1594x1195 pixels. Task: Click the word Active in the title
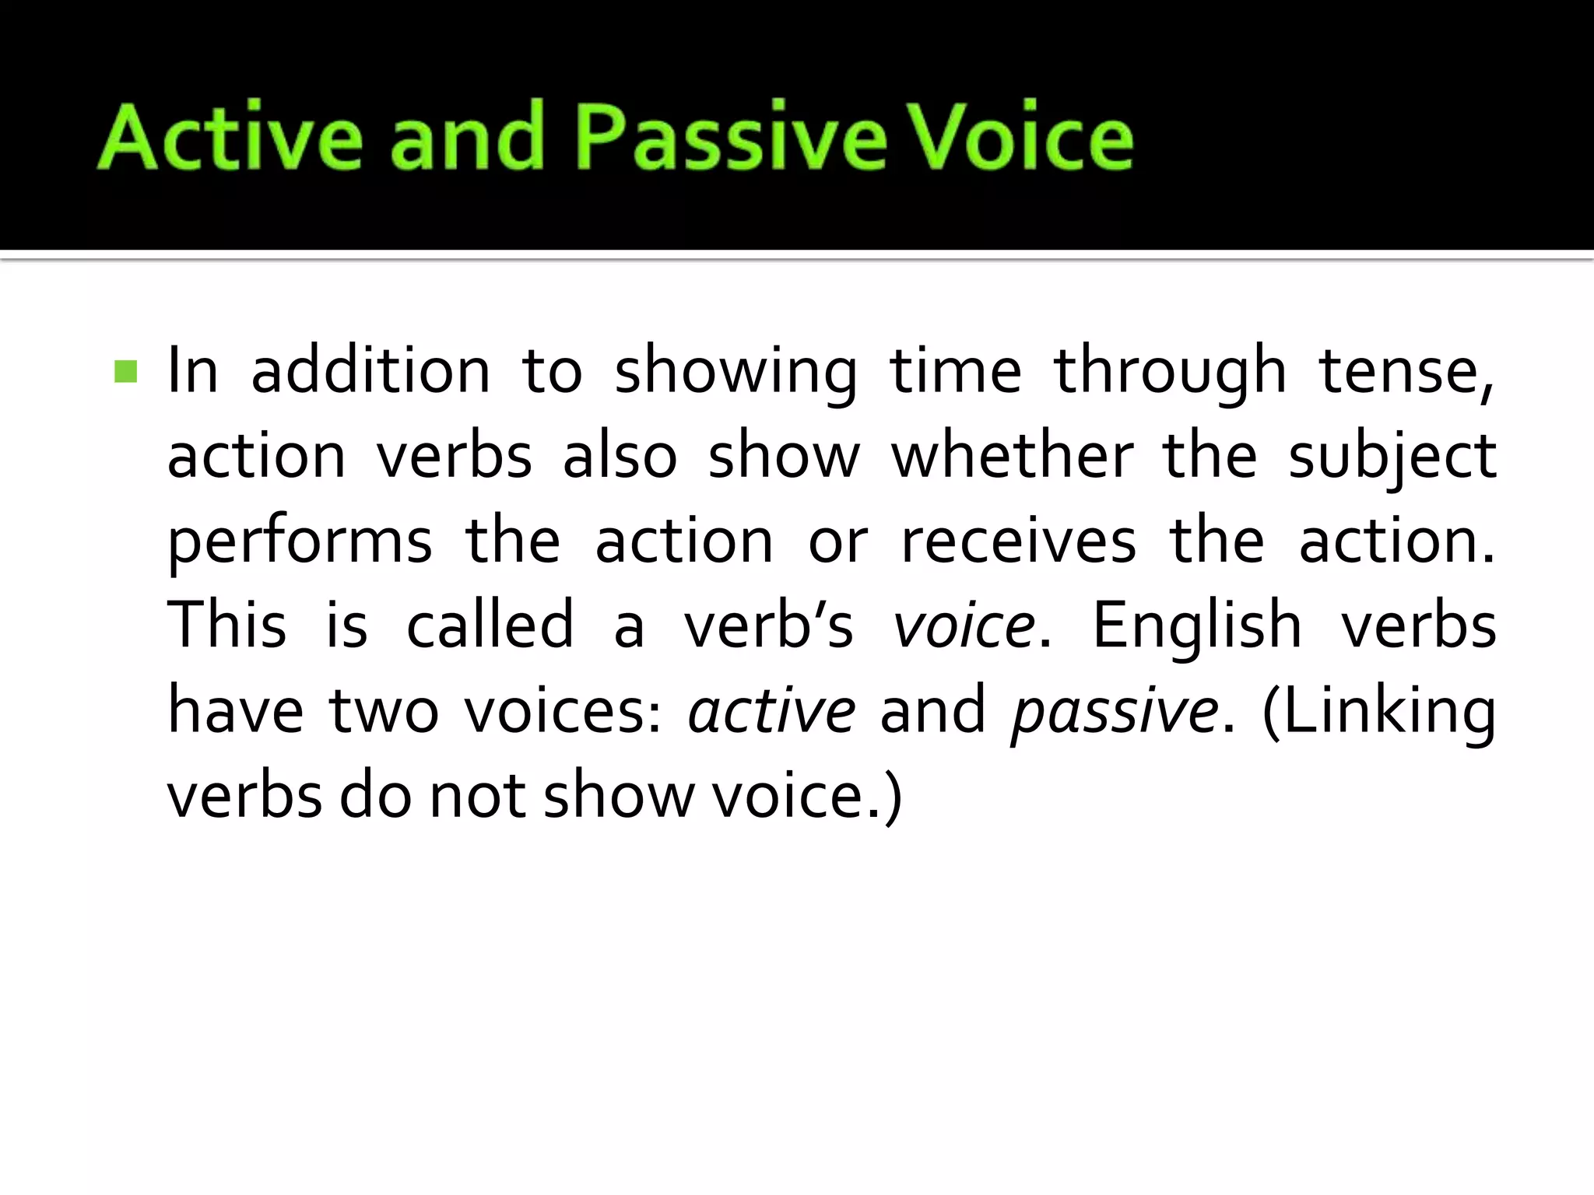pyautogui.click(x=230, y=137)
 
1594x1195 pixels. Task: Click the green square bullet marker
pyautogui.click(x=125, y=371)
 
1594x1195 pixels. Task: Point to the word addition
pyautogui.click(x=370, y=371)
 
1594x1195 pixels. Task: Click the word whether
pyautogui.click(x=1012, y=456)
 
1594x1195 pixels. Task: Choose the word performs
pyautogui.click(x=300, y=543)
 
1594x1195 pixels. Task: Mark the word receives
pyautogui.click(x=1018, y=541)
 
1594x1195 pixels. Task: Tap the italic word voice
pyautogui.click(x=964, y=626)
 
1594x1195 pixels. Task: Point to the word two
pyautogui.click(x=384, y=711)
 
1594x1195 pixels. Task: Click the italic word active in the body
pyautogui.click(x=771, y=711)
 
